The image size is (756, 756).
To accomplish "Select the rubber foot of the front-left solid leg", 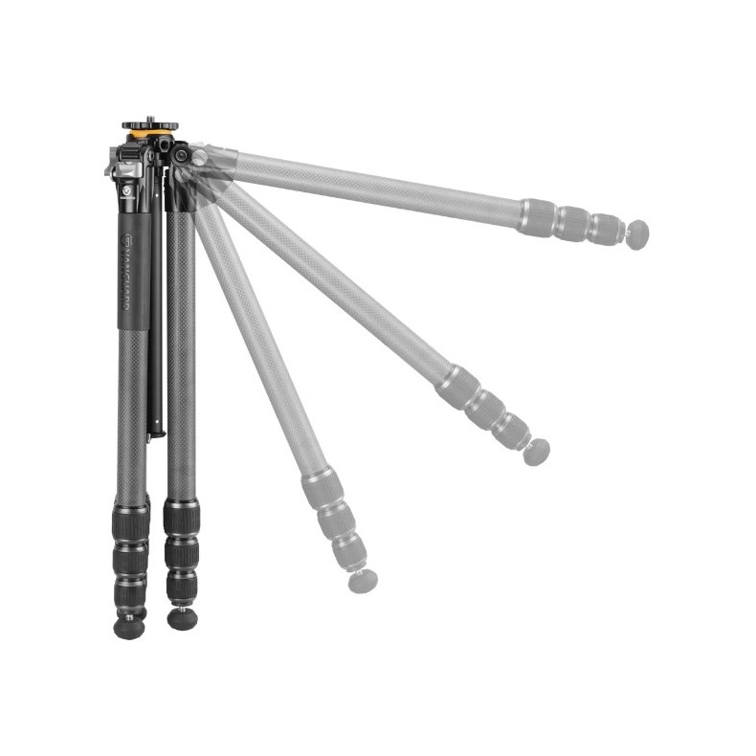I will click(x=129, y=628).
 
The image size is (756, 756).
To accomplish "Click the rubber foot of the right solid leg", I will click(x=182, y=618).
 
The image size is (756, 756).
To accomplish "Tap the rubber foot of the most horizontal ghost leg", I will click(x=636, y=233).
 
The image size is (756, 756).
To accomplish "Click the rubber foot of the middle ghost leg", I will click(x=537, y=452).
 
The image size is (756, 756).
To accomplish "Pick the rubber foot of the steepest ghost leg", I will click(x=363, y=579).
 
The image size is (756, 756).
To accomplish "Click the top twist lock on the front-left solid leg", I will click(x=131, y=521).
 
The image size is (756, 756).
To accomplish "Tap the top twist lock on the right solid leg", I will click(x=181, y=518).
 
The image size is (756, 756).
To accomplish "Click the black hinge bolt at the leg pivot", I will click(x=180, y=154).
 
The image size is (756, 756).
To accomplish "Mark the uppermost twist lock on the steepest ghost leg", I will click(x=322, y=488).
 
